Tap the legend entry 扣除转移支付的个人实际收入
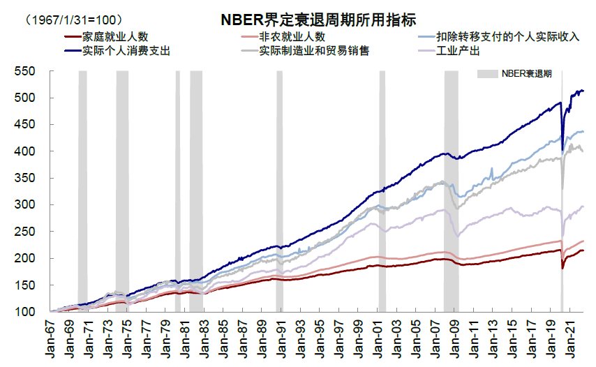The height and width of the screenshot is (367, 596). click(507, 36)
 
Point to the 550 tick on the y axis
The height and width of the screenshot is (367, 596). click(25, 71)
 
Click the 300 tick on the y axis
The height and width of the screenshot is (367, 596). click(25, 204)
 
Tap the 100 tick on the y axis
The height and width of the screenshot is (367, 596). click(25, 312)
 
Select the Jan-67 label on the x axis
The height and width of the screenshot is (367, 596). click(51, 338)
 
